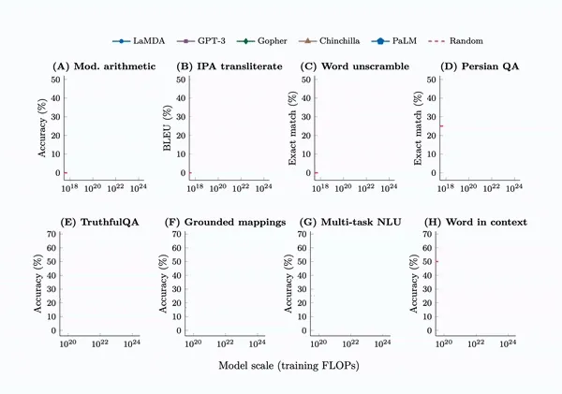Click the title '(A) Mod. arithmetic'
103,66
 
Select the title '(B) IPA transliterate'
231,66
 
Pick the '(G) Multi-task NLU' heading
352,222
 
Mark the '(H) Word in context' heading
476,222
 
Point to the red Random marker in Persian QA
440,126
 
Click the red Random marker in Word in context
437,261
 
